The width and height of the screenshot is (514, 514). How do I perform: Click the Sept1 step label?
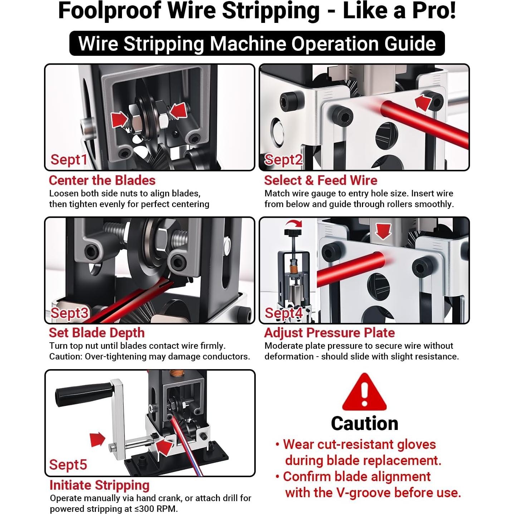click(x=69, y=160)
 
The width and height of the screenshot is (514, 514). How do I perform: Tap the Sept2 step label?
click(x=283, y=160)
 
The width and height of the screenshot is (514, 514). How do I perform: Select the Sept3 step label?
click(x=69, y=313)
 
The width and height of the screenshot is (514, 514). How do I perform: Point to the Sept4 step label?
click(x=284, y=313)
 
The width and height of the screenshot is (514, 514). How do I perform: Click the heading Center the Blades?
click(x=102, y=180)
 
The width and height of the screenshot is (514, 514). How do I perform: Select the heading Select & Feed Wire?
click(x=320, y=180)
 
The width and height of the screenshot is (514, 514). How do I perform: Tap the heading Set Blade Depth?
click(x=97, y=333)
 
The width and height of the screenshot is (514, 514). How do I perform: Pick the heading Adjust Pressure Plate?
click(x=329, y=333)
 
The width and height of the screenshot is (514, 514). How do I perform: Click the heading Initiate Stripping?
click(x=99, y=485)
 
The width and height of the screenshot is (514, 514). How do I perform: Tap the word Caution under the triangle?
click(x=364, y=424)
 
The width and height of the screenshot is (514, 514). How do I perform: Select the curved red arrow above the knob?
click(x=294, y=223)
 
